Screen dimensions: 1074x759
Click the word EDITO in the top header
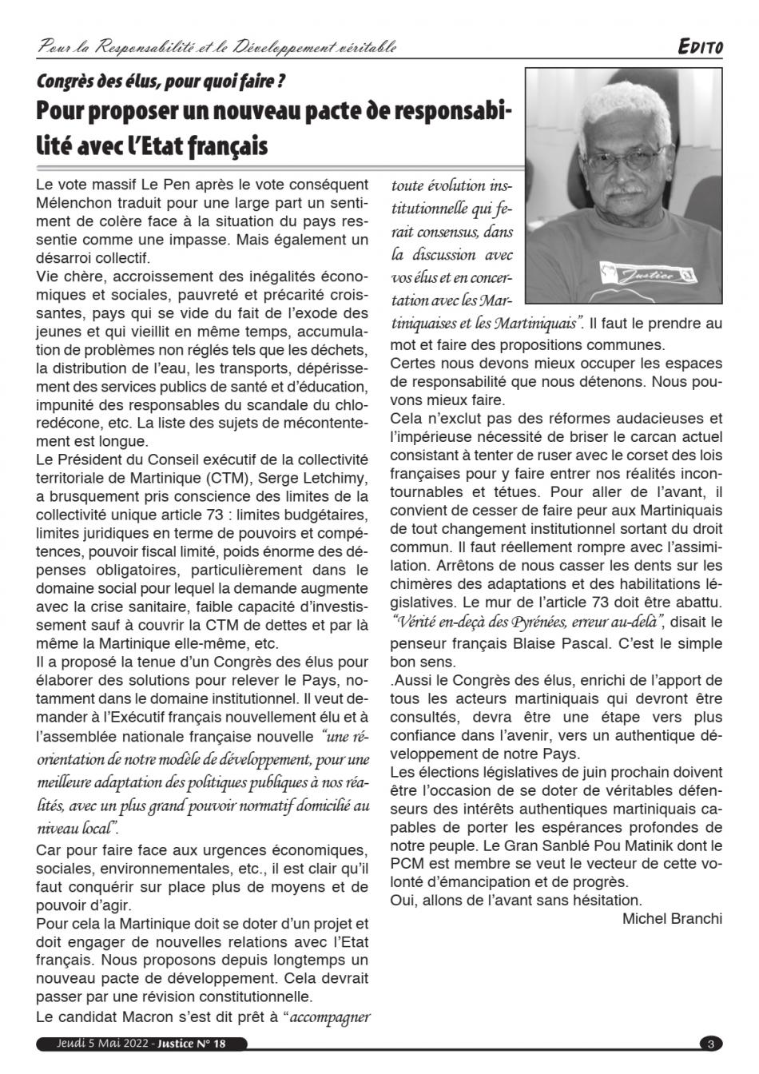click(700, 48)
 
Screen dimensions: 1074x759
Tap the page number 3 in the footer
click(710, 1044)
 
